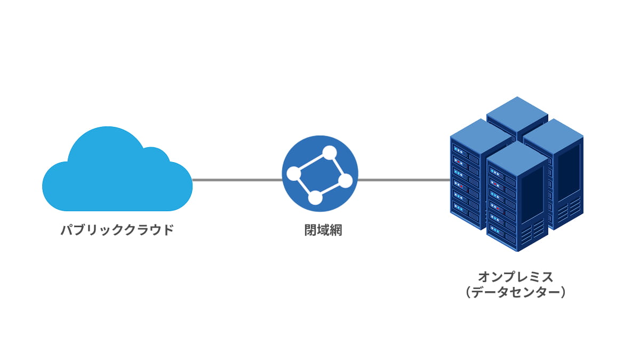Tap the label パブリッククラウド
(117, 230)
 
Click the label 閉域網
(319, 230)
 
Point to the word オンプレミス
(515, 277)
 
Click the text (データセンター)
(515, 293)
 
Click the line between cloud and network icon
(237, 180)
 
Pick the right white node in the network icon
(345, 181)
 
